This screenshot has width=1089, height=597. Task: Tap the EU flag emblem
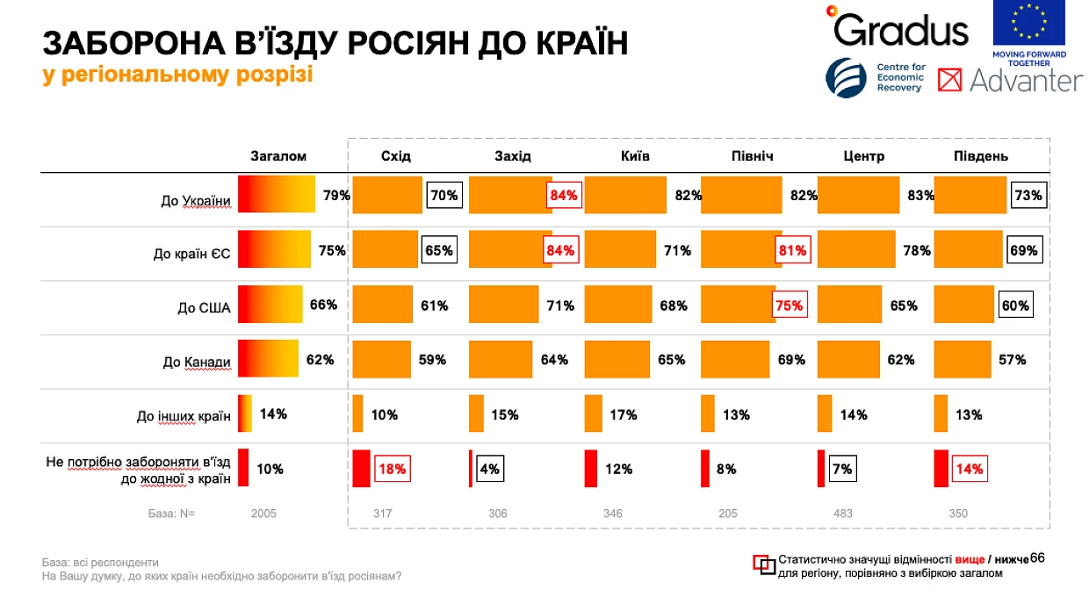click(1028, 22)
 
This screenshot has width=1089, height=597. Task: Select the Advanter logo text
click(1026, 80)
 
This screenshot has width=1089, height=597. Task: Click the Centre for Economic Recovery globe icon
click(846, 78)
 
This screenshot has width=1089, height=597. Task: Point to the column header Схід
click(396, 156)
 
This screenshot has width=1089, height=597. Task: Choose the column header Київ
click(635, 156)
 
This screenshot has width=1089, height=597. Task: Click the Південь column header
click(981, 156)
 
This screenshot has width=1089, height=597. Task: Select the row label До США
click(204, 308)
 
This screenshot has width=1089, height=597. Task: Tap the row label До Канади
click(197, 363)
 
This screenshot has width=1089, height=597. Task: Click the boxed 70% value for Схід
click(444, 196)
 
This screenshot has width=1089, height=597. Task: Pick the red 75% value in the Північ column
click(790, 306)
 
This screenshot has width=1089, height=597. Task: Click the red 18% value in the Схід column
click(393, 469)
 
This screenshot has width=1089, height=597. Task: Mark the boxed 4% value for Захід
click(490, 469)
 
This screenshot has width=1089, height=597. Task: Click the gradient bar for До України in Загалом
click(276, 194)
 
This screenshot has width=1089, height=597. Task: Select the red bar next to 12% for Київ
click(591, 468)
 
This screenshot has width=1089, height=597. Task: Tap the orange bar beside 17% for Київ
click(593, 414)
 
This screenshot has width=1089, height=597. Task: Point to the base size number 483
click(843, 514)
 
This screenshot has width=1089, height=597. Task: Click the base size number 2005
click(263, 514)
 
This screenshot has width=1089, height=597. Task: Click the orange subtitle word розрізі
click(274, 75)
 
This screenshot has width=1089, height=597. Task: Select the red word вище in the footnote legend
click(970, 559)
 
